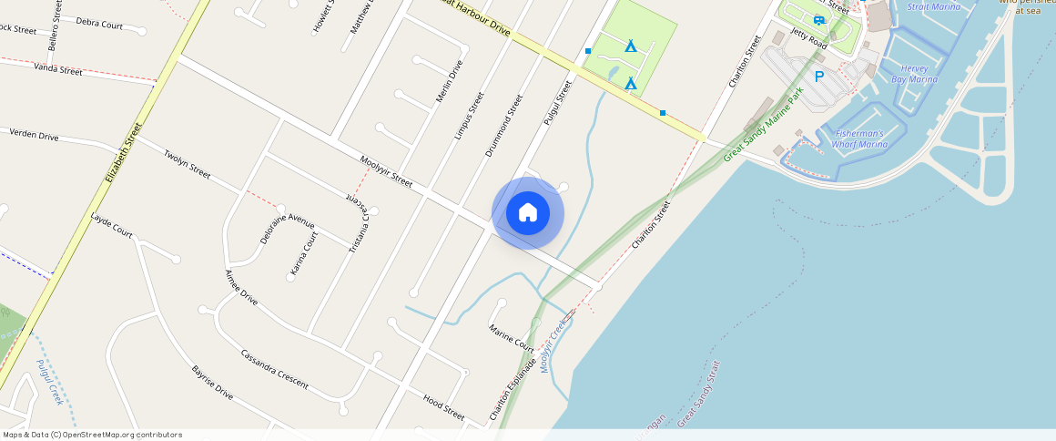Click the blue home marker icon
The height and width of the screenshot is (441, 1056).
[527, 213]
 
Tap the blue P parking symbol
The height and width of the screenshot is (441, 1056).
[818, 77]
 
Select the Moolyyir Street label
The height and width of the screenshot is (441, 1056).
[386, 170]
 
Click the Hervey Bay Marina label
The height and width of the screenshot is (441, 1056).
[913, 74]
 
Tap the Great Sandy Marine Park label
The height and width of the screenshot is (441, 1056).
[766, 126]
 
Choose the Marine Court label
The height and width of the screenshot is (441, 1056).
[512, 338]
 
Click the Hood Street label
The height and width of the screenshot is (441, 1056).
[444, 406]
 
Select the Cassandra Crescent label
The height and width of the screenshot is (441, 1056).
[274, 368]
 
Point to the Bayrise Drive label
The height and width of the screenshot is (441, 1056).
[212, 384]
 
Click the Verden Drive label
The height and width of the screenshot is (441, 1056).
[34, 136]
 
